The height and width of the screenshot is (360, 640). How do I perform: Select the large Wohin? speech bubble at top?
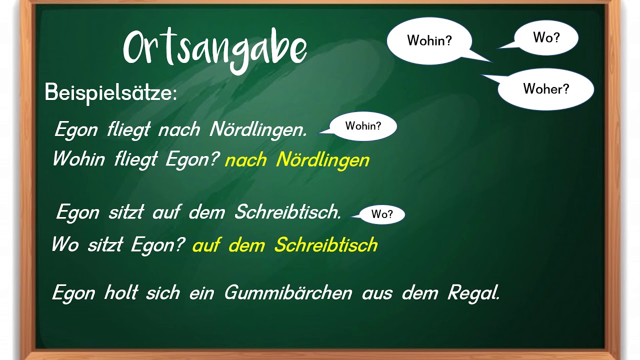coord(429,41)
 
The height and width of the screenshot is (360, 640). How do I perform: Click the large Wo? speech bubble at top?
coord(546,37)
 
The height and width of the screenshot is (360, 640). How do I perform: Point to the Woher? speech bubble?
coord(546,89)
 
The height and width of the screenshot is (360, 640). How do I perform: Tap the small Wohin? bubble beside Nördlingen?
coord(363,126)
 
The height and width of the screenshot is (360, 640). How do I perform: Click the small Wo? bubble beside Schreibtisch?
coord(382,214)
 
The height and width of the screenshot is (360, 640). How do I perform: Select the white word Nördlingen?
coord(258,130)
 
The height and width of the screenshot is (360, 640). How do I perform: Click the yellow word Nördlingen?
coord(322,160)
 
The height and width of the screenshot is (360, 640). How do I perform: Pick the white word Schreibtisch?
coord(287,212)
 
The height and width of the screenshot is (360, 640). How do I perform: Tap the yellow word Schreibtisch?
coord(325,245)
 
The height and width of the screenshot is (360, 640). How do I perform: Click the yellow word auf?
coord(206,245)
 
